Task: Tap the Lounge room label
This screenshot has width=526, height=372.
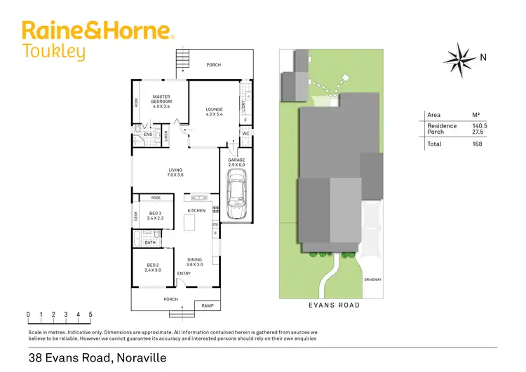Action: tap(214, 111)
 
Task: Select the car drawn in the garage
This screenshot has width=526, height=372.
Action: tap(236, 198)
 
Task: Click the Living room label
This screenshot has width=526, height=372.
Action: tap(175, 172)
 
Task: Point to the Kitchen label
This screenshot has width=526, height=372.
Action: tap(196, 211)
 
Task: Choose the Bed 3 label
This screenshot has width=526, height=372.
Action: tap(155, 216)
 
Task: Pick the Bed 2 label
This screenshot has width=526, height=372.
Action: tap(153, 267)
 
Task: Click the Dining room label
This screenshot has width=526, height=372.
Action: tap(194, 262)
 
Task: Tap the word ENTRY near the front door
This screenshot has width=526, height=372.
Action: tap(184, 273)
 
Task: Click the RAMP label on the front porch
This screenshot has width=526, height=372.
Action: tap(208, 305)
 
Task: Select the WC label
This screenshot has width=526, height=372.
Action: tap(245, 133)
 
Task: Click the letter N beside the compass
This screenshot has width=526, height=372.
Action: tap(483, 58)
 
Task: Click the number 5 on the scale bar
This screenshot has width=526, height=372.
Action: tap(90, 315)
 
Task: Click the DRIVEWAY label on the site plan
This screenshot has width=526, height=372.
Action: tap(373, 280)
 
